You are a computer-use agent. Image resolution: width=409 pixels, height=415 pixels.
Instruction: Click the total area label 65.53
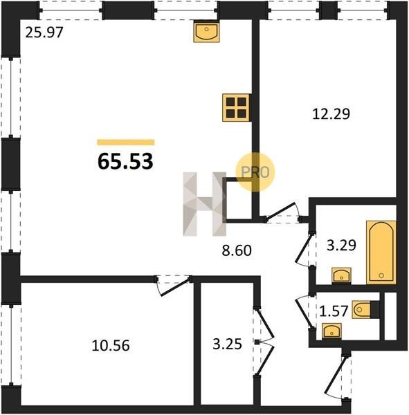click(125, 161)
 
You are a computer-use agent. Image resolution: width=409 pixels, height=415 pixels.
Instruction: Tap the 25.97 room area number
click(44, 33)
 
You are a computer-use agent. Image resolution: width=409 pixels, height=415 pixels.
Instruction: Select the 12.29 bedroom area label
click(331, 114)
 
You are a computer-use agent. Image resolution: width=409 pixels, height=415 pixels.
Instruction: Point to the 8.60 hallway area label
click(237, 250)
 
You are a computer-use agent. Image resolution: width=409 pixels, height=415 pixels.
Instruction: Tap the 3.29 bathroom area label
click(341, 245)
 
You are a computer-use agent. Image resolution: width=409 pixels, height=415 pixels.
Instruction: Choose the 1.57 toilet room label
click(334, 311)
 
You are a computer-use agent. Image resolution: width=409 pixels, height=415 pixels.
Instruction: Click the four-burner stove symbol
click(236, 108)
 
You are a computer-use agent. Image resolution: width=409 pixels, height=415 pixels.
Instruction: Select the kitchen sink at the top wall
click(207, 33)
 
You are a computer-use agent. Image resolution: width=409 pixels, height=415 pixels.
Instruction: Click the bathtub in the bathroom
click(381, 252)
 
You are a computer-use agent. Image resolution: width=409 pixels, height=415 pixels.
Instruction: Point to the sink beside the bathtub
click(341, 276)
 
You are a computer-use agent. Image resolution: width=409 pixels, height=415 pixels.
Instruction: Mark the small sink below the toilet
click(331, 331)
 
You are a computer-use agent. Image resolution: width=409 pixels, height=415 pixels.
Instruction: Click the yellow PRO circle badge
click(255, 172)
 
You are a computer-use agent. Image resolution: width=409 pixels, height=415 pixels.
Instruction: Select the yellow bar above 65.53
click(126, 142)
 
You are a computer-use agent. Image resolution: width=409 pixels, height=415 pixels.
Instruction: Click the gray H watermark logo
click(205, 204)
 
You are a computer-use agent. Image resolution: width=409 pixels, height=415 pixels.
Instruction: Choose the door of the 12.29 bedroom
click(283, 212)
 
